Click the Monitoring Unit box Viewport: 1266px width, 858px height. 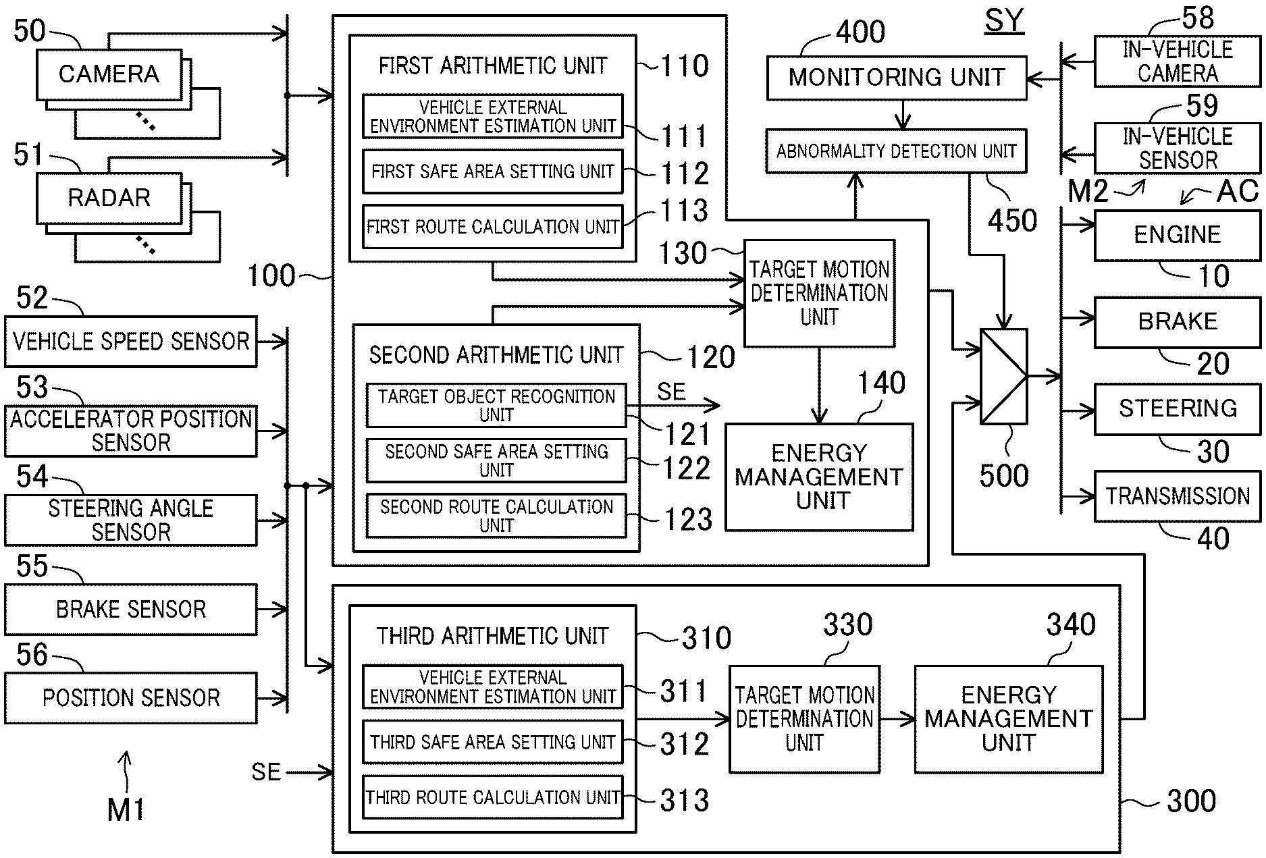point(896,77)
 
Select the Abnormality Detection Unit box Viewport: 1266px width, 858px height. point(896,151)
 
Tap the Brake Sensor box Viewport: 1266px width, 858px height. point(131,610)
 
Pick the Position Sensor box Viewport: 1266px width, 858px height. point(131,698)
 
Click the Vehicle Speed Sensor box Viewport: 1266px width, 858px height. point(131,342)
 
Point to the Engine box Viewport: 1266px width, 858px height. point(1177,235)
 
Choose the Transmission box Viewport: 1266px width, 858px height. point(1177,497)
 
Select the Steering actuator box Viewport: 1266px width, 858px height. point(1177,409)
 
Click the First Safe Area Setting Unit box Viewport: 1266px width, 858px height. point(492,171)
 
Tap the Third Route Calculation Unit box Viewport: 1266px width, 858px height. point(492,797)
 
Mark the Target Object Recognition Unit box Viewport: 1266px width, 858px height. point(496,405)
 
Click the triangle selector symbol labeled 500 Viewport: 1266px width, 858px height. point(1004,377)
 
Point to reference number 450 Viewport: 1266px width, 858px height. point(1012,221)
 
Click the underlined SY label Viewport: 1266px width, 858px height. point(1004,20)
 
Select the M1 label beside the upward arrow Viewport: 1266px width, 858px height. point(126,809)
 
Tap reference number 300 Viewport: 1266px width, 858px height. point(1192,801)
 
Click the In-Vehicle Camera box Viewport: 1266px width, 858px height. point(1177,61)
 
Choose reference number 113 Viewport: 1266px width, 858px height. point(684,211)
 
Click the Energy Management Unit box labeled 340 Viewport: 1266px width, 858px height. point(1009,719)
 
